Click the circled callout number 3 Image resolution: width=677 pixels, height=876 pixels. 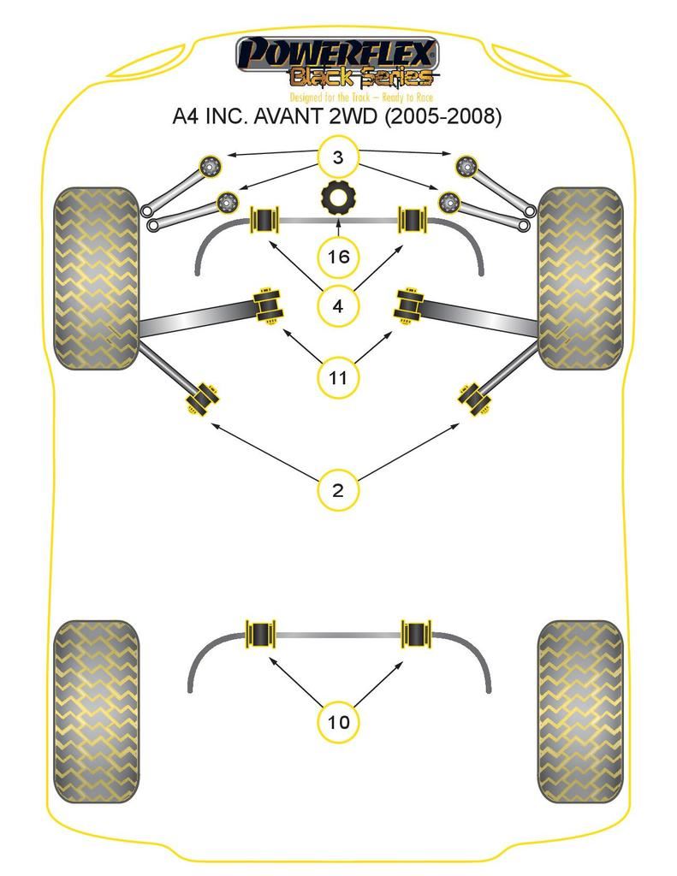[338, 157]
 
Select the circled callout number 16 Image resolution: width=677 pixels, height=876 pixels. [338, 256]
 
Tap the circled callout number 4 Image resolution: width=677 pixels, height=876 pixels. [338, 305]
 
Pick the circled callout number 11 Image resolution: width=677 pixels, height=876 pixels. [338, 376]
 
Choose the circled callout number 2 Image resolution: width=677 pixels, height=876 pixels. [338, 490]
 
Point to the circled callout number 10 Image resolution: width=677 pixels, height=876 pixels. [338, 721]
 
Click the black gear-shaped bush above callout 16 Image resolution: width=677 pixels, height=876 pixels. [338, 198]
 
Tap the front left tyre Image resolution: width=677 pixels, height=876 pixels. [96, 278]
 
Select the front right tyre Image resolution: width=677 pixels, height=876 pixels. [580, 278]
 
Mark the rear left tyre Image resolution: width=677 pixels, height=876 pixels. [96, 710]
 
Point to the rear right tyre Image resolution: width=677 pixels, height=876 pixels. [580, 710]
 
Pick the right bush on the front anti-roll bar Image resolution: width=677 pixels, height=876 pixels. [414, 220]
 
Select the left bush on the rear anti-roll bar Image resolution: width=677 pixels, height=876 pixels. [259, 635]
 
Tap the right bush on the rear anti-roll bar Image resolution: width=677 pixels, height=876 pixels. [417, 635]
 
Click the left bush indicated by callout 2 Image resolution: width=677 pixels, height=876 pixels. [203, 400]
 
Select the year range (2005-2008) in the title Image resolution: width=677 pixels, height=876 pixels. [441, 116]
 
